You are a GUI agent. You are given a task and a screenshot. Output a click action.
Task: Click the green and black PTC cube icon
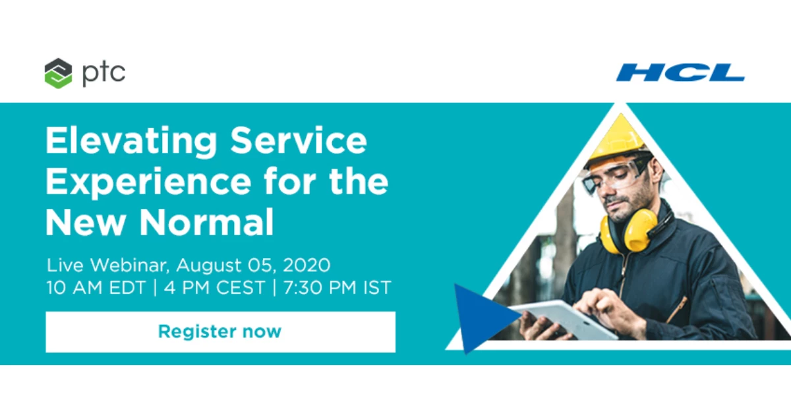(x=58, y=73)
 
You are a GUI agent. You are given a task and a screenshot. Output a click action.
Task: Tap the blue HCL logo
(x=680, y=72)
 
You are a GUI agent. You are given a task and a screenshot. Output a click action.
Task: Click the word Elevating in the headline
(x=131, y=141)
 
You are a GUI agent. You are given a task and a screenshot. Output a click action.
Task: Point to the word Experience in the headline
(x=148, y=182)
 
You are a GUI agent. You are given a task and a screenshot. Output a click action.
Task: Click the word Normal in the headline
(x=206, y=222)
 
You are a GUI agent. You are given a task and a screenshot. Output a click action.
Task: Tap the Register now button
(x=220, y=332)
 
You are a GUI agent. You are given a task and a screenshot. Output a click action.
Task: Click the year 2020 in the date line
(x=307, y=265)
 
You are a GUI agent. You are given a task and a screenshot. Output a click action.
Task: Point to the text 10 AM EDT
(x=96, y=288)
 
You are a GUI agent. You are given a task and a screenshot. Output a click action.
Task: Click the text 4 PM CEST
(x=214, y=288)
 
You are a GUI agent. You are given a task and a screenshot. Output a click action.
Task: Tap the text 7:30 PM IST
(x=337, y=288)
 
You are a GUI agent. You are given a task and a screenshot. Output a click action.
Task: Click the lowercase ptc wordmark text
(x=104, y=74)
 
